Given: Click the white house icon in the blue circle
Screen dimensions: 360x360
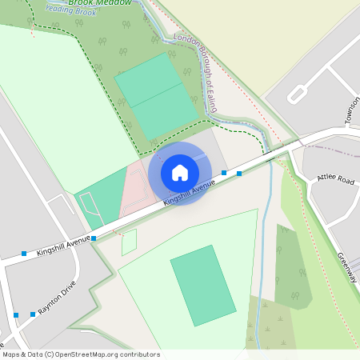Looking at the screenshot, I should (x=180, y=173).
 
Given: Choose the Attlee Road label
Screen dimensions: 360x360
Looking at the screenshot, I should (x=336, y=180).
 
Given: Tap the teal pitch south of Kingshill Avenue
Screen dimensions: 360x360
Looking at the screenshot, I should (x=203, y=285).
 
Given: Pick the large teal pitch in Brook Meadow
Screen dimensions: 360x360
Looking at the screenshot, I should (x=156, y=96).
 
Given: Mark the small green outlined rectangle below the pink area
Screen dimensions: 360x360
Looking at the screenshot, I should (x=129, y=242).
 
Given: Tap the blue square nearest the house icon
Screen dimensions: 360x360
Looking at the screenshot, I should (x=224, y=173).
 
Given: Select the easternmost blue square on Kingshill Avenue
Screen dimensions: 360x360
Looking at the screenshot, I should (x=239, y=173).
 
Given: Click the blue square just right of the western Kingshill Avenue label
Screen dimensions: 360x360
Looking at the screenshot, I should (x=94, y=238).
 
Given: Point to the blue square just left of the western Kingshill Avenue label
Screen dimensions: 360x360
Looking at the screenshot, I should (x=24, y=254).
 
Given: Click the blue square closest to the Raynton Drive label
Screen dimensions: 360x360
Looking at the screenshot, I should (x=33, y=314).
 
